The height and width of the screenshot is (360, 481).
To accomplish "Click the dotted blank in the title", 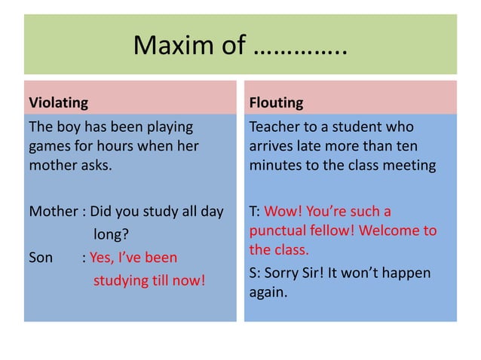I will [x=301, y=47].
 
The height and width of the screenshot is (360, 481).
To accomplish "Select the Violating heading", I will [x=58, y=102].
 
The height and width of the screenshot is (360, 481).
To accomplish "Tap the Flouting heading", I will [x=276, y=102].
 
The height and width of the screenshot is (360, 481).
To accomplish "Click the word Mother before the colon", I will [x=53, y=212].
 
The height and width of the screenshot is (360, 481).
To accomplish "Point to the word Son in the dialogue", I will [x=41, y=258].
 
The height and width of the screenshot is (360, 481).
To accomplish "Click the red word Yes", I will [x=102, y=258].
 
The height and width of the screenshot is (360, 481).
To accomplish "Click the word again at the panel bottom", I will [x=268, y=291].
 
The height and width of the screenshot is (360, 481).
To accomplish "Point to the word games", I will [x=49, y=145].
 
